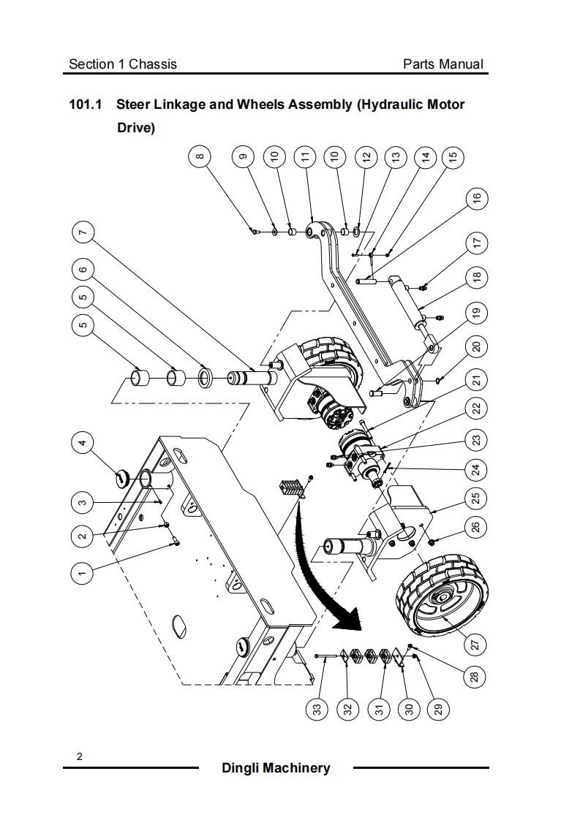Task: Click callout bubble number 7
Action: pos(82,232)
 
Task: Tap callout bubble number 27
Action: pos(476,645)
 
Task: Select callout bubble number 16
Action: pos(476,199)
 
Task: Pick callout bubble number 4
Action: pos(82,444)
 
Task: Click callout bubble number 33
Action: pos(317,710)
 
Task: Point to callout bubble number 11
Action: pos(305,157)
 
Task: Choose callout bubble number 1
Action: pos(82,573)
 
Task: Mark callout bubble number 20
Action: pos(476,346)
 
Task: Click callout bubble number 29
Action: pos(439,710)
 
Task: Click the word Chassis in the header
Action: pos(153,64)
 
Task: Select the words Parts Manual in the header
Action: pos(442,64)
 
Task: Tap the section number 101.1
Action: pos(85,105)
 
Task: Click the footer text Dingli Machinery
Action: pos(276,767)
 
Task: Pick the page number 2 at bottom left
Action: pos(80,756)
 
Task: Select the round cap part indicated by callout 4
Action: pos(121,477)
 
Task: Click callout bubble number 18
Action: pos(476,277)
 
